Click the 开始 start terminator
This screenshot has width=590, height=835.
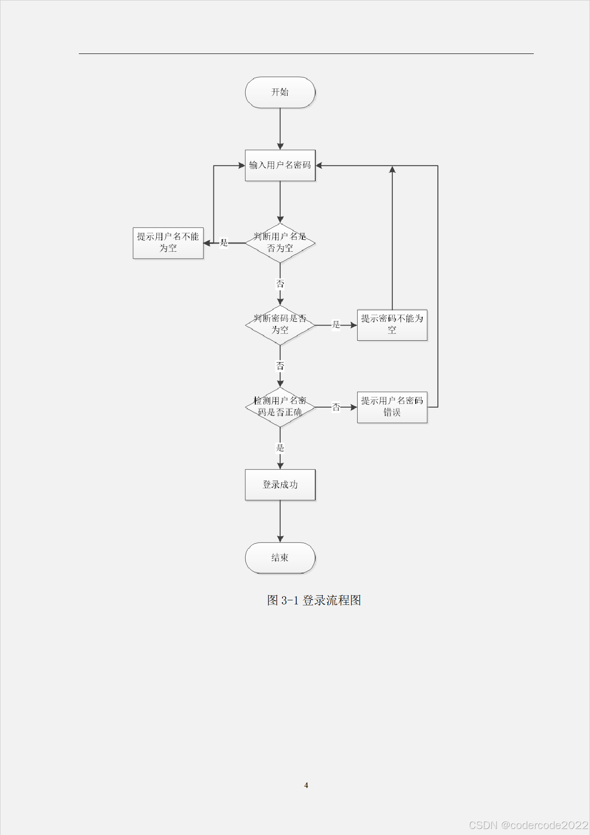click(x=280, y=92)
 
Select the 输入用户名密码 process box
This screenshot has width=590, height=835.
click(x=280, y=165)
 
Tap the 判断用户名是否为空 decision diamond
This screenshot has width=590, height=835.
click(x=280, y=243)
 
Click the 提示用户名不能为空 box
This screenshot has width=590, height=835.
click(x=168, y=243)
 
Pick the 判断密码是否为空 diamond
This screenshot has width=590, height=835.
click(x=280, y=325)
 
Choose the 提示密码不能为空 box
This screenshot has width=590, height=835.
click(x=392, y=325)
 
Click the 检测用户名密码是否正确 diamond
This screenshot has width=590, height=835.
click(x=280, y=407)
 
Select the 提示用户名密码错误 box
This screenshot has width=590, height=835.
click(x=392, y=407)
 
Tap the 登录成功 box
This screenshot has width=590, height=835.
click(x=280, y=485)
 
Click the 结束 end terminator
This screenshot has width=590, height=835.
click(x=280, y=557)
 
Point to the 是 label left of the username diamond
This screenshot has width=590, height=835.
click(x=224, y=243)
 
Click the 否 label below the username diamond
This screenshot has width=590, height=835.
click(x=280, y=284)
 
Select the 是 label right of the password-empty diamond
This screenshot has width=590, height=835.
click(x=336, y=325)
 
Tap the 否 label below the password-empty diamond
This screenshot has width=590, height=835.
click(x=280, y=366)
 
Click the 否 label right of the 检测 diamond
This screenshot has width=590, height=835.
click(x=336, y=407)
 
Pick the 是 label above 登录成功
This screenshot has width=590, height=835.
click(x=280, y=448)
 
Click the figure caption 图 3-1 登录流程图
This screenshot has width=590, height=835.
click(x=314, y=600)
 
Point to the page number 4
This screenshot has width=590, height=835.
click(x=306, y=785)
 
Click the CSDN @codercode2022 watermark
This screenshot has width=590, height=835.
click(x=528, y=825)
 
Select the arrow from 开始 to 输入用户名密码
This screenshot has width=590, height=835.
click(x=280, y=129)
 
